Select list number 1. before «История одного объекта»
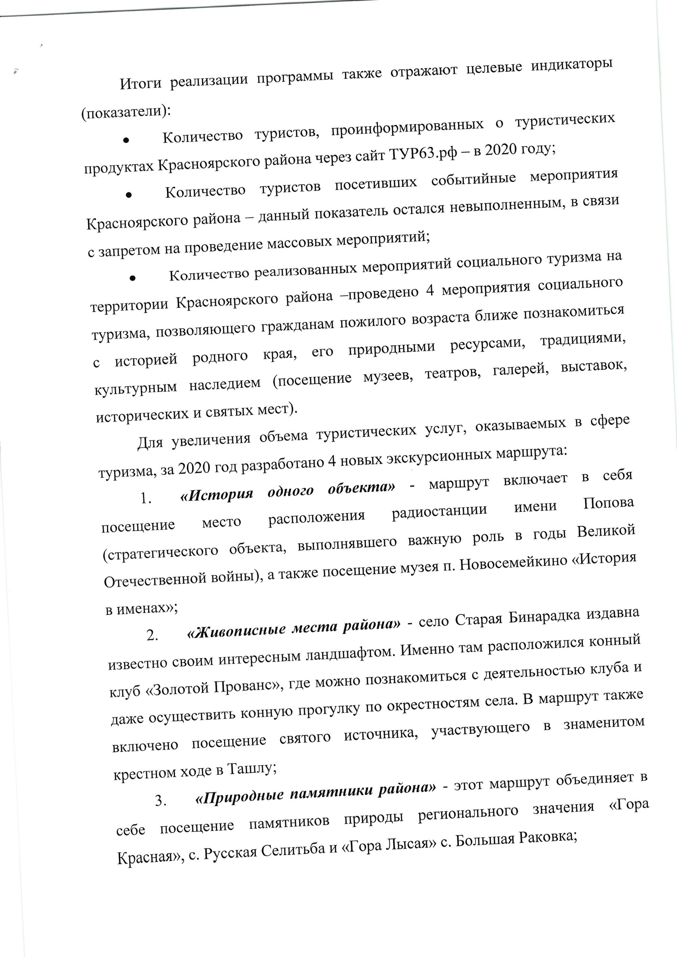pyautogui.click(x=145, y=499)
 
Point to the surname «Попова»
pyautogui.click(x=608, y=504)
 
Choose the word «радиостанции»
pyautogui.click(x=439, y=511)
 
